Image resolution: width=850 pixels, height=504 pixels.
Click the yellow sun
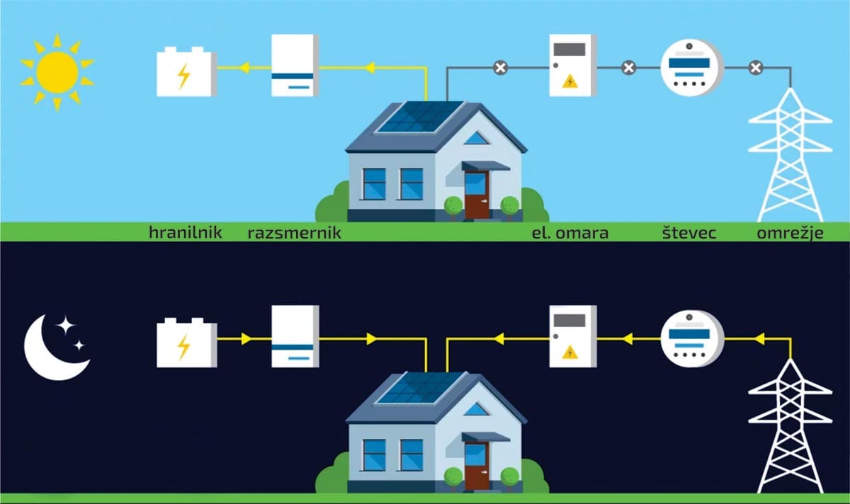57,71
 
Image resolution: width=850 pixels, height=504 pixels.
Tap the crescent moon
53,348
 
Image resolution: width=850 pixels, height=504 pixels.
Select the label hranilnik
186,232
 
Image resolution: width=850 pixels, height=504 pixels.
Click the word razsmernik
293,232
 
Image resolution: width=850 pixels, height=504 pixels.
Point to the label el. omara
569,232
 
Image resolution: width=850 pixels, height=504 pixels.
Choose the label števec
687,232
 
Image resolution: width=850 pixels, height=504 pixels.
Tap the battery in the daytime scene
186,71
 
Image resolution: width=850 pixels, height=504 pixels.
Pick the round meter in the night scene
691,339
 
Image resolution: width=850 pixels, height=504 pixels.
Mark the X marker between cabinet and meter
628,68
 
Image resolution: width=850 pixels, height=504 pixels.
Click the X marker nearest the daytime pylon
756,68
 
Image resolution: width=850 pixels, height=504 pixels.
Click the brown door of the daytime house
476,195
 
